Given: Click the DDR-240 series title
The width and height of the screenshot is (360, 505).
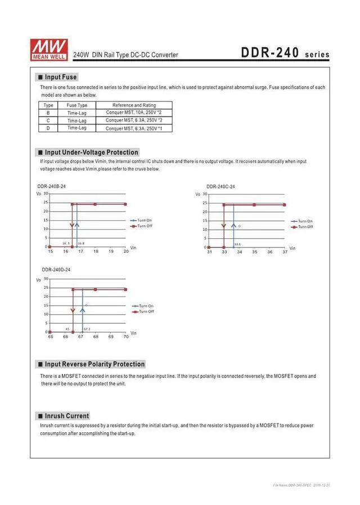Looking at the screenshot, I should pyautogui.click(x=285, y=53).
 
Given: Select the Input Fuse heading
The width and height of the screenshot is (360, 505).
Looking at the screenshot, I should pyautogui.click(x=61, y=77).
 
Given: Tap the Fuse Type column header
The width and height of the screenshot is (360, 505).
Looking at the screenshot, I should pyautogui.click(x=77, y=105).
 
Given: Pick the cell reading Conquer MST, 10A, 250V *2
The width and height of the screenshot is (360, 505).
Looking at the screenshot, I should pyautogui.click(x=134, y=113).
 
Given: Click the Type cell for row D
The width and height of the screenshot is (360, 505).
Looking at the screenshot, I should pyautogui.click(x=48, y=128).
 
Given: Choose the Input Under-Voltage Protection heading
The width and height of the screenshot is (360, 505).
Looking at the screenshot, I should pyautogui.click(x=91, y=152).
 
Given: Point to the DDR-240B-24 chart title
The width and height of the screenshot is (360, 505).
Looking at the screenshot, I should pyautogui.click(x=52, y=186).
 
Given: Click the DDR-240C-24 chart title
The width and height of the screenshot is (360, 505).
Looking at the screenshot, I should pyautogui.click(x=220, y=186).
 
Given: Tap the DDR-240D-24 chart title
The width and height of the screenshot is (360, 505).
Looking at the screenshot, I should pyautogui.click(x=56, y=270).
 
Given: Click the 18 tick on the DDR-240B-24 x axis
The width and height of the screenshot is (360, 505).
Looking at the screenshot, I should pyautogui.click(x=96, y=251).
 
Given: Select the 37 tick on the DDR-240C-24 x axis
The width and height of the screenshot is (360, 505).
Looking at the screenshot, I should pyautogui.click(x=285, y=252).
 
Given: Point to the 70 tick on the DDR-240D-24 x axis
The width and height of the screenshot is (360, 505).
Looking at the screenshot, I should pyautogui.click(x=125, y=337).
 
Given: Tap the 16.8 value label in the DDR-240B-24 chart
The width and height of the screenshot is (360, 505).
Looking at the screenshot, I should pyautogui.click(x=81, y=243).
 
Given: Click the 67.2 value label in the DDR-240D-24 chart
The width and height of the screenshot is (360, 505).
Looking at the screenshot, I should pyautogui.click(x=87, y=328).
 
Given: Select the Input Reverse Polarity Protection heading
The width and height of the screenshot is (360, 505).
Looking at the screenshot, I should pyautogui.click(x=94, y=364).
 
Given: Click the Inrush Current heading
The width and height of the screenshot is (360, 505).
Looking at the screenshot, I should pyautogui.click(x=67, y=416).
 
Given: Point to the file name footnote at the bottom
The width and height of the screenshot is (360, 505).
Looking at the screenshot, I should pyautogui.click(x=301, y=485).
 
